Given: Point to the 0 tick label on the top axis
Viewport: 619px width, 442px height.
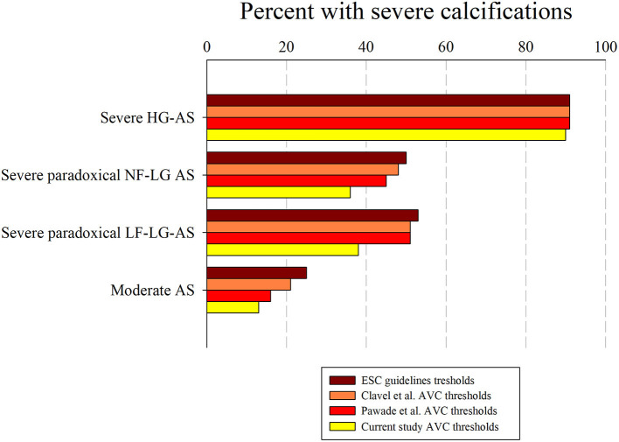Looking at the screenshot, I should click(206, 48).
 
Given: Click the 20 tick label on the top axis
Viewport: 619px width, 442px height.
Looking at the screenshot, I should click(286, 48).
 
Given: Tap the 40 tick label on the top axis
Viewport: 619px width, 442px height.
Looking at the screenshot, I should click(366, 48).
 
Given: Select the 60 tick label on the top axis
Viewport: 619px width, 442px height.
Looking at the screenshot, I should click(446, 48).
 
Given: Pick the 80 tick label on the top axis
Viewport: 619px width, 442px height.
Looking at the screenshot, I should click(525, 48).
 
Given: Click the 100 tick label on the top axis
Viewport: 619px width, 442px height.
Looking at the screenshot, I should click(605, 48).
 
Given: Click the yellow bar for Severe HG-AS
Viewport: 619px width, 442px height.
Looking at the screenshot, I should click(386, 135).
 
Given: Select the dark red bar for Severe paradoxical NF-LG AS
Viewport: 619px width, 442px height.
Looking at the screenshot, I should click(306, 158).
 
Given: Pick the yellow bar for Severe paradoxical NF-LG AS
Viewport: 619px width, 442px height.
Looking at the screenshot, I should click(278, 193).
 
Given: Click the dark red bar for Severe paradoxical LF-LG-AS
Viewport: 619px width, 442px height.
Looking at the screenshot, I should click(312, 215).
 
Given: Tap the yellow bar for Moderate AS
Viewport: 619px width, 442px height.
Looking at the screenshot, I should click(233, 307).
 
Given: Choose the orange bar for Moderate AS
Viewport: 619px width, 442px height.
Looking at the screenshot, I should click(248, 284).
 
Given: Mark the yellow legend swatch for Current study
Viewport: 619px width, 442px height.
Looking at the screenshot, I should click(341, 425).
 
